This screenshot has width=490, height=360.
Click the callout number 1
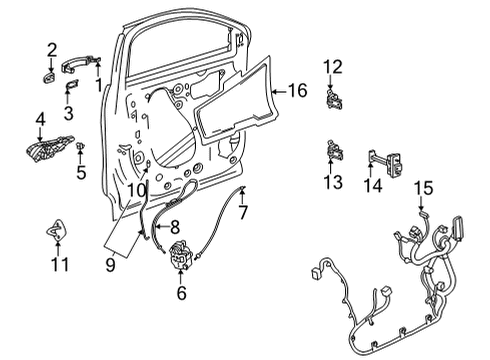(98, 84)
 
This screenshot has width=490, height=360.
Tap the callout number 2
(51, 48)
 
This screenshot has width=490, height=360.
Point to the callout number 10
(137, 186)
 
